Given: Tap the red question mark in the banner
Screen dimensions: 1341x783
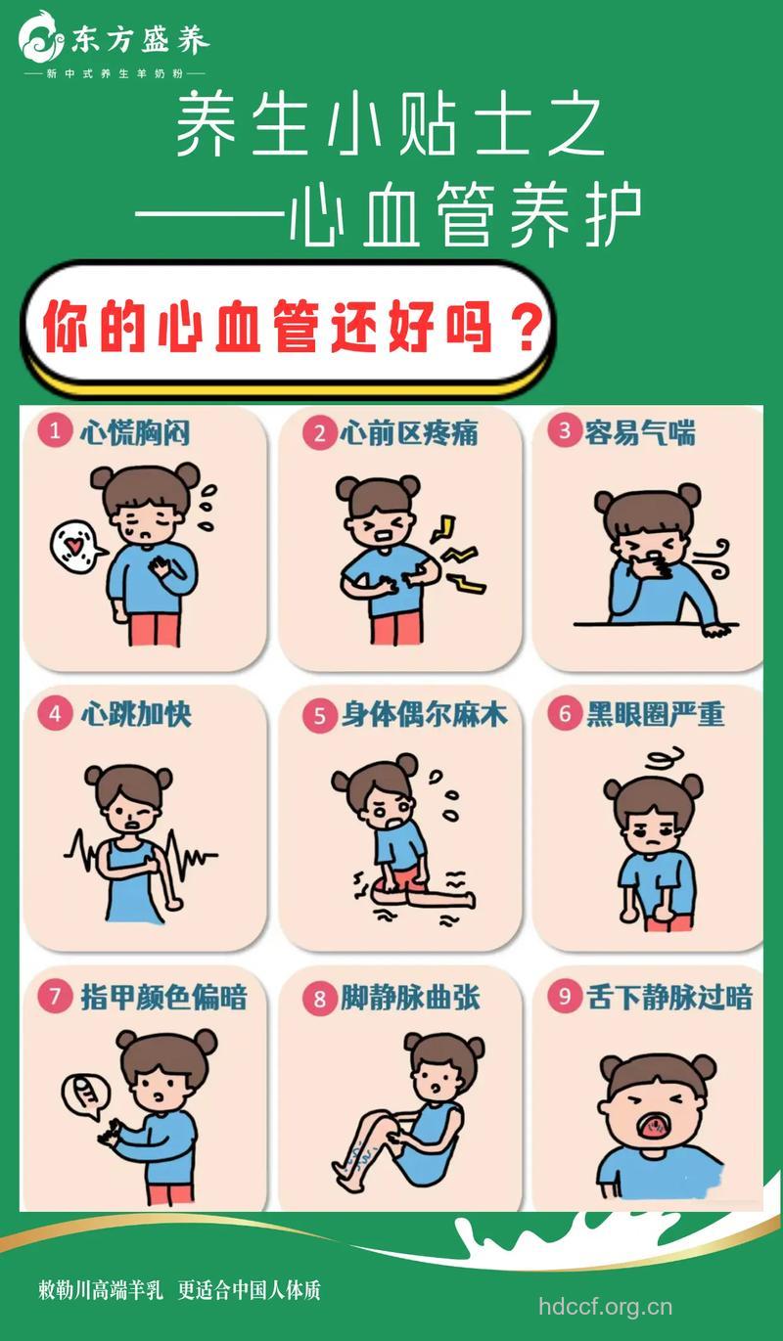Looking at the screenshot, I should [526, 330].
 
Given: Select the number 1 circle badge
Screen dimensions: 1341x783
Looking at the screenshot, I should [56, 431].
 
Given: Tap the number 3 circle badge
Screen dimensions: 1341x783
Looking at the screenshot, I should [565, 431].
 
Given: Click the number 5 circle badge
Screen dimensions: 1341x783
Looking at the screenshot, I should [319, 716].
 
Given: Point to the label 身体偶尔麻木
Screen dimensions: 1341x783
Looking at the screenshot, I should [425, 715].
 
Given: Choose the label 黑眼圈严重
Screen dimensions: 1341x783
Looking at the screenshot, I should [655, 714].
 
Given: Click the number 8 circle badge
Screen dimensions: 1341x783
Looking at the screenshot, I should [319, 999].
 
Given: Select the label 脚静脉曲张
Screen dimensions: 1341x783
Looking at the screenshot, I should [411, 999].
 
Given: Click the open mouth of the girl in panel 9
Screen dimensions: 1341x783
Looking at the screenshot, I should [652, 1128].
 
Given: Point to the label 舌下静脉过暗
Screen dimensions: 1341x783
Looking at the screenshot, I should [669, 998].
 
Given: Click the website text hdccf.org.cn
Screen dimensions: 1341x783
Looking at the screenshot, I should [606, 1307].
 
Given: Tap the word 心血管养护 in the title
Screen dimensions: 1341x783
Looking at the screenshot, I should [466, 215].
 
